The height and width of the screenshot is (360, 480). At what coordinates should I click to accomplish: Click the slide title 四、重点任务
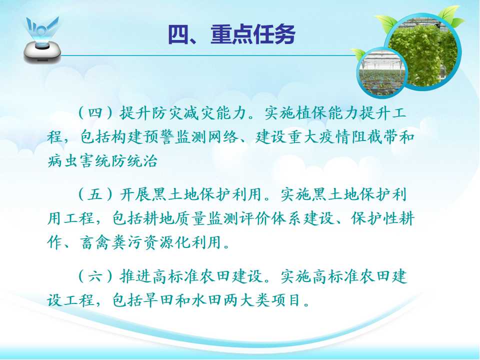(231, 34)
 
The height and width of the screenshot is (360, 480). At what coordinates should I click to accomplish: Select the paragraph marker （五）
(95, 194)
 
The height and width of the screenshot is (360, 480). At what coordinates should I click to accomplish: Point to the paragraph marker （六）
(95, 276)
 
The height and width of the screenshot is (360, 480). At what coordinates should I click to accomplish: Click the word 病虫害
(71, 160)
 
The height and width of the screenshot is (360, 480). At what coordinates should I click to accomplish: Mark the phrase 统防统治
(126, 160)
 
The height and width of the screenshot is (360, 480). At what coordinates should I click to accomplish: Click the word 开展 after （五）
(135, 194)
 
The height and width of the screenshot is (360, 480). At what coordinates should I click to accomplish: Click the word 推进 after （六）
(135, 276)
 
